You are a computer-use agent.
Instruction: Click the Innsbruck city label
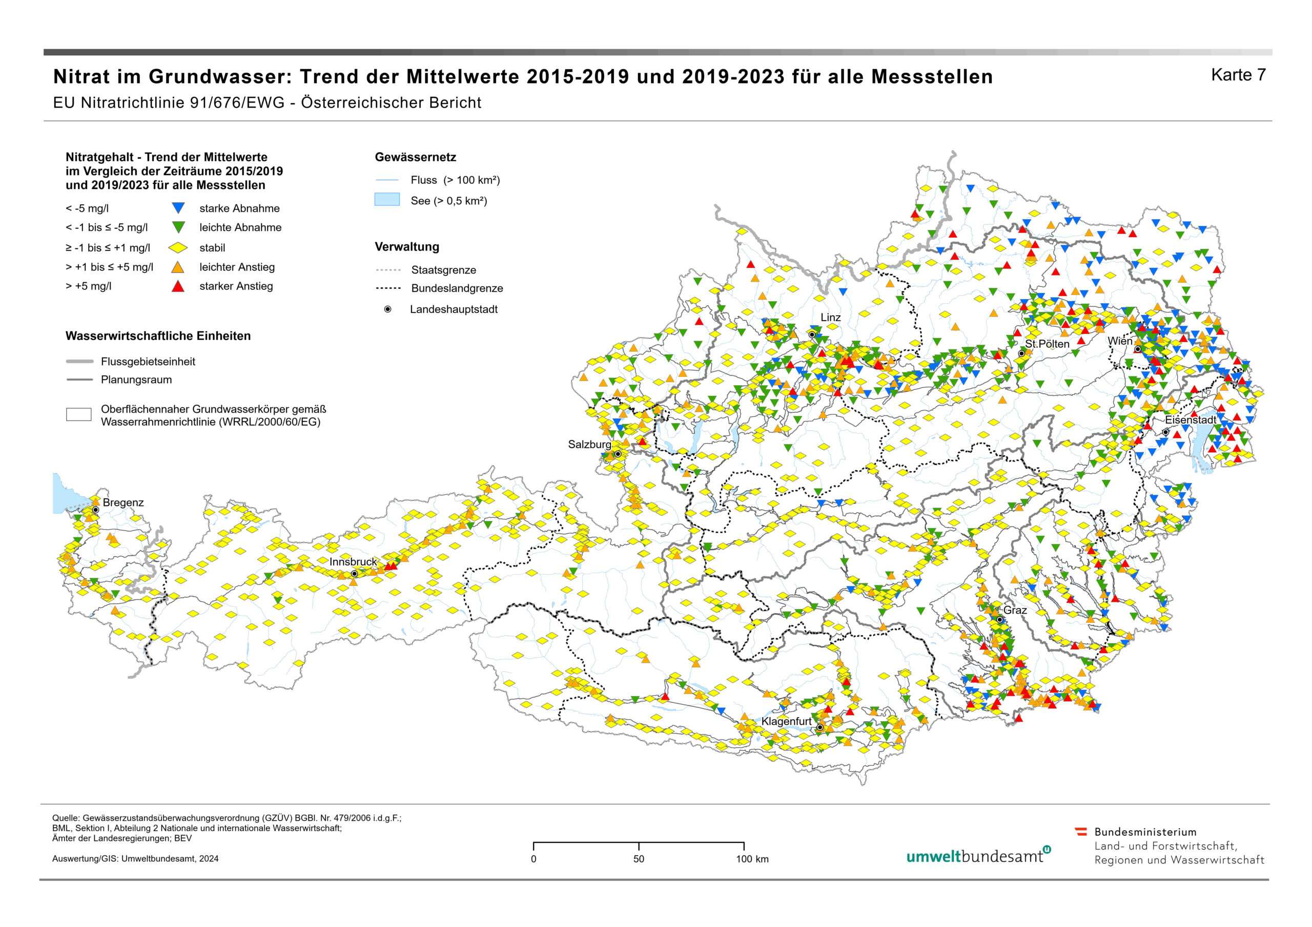click(353, 562)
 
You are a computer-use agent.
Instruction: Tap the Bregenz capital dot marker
click(96, 510)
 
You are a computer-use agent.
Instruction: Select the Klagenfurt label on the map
click(786, 722)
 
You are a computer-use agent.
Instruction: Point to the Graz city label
click(1015, 610)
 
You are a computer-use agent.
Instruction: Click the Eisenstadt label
click(1191, 420)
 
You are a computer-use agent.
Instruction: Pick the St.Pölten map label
click(1047, 344)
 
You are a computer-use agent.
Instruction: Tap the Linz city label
click(830, 318)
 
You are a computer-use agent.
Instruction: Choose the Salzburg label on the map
click(589, 445)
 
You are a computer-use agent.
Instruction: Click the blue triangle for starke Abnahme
click(178, 208)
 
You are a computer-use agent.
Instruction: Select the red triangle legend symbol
click(178, 287)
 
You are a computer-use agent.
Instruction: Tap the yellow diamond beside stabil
click(178, 248)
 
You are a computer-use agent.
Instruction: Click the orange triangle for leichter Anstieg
click(178, 267)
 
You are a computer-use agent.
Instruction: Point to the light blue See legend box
click(387, 200)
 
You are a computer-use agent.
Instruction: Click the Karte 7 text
click(1238, 75)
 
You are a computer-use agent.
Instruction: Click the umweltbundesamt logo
click(978, 856)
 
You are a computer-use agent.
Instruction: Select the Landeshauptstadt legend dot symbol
click(387, 309)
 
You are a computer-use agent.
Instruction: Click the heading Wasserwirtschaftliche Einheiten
click(158, 336)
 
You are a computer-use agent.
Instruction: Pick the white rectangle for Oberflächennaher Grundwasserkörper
click(78, 415)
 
